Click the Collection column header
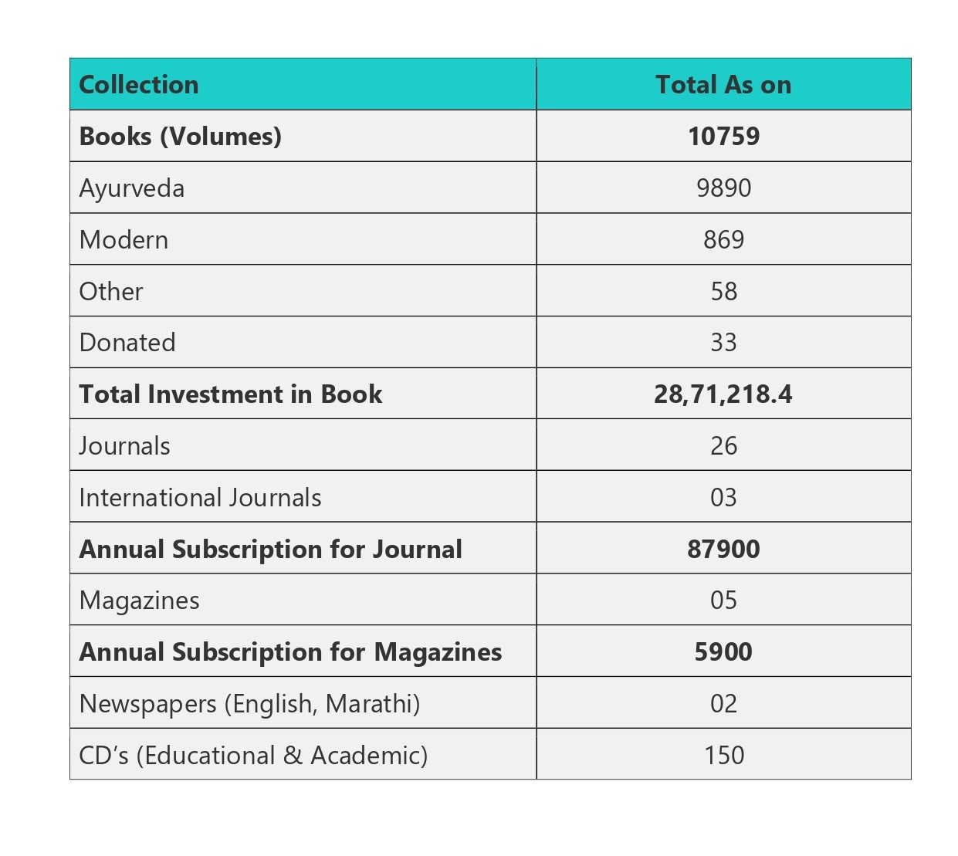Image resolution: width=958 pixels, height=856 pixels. coord(138,85)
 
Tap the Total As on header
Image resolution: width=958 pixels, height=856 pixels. coord(723,85)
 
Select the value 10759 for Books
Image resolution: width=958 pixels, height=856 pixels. coord(724,137)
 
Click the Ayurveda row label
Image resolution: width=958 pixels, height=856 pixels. coord(131,188)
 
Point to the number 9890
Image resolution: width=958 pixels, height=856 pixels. coord(724,188)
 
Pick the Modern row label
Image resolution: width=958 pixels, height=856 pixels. coord(124,240)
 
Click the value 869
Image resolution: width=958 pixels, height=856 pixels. coord(724,240)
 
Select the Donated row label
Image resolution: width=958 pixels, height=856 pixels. coord(127,343)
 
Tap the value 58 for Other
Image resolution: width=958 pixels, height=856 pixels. coord(724,291)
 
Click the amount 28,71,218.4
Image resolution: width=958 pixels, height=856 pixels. coord(723,394)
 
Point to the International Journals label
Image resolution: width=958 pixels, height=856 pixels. coord(200,498)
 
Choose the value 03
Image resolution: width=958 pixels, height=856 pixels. coord(723,498)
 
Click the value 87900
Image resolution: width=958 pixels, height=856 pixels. coord(723,549)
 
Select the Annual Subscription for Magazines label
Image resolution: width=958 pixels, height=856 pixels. coord(290,653)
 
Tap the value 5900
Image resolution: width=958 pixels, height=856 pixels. coord(723,652)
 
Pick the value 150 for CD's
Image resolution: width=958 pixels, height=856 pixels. coord(724,755)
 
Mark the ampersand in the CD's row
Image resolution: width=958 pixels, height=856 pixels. coord(293,755)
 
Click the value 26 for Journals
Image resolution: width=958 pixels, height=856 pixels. coord(724,446)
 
